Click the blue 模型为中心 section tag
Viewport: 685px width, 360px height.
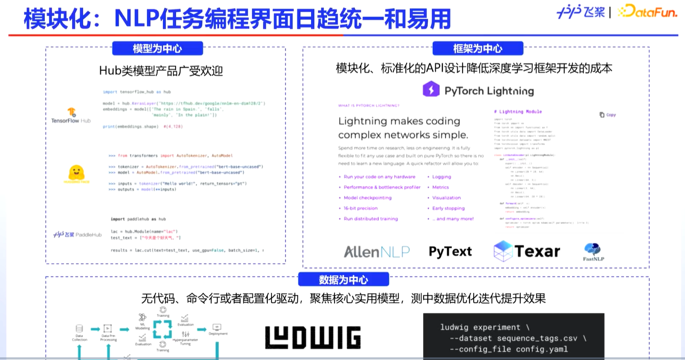(157, 49)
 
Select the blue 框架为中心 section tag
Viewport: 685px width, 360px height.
(477, 49)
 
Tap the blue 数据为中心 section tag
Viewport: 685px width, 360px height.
(343, 280)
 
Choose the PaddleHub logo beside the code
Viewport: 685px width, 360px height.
(77, 235)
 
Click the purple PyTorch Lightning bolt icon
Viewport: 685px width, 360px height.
(431, 90)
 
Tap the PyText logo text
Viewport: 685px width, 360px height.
(450, 252)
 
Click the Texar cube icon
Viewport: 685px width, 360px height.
(503, 251)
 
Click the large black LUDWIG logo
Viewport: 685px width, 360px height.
(313, 338)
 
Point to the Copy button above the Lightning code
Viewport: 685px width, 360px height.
(608, 115)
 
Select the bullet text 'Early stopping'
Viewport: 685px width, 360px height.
(448, 209)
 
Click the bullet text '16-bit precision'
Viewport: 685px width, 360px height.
(360, 209)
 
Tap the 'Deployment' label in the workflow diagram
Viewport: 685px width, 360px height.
(218, 334)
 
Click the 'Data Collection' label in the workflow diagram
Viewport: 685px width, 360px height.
(79, 338)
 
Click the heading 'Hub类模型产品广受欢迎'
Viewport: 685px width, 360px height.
(161, 70)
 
